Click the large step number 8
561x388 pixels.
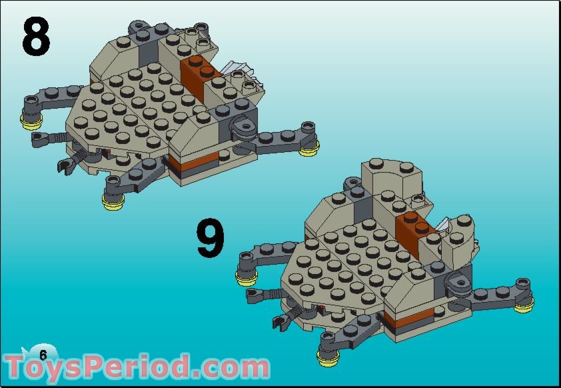[36, 36]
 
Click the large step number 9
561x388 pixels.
[211, 237]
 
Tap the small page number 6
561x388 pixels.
[43, 355]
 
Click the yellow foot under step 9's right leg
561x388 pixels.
[524, 306]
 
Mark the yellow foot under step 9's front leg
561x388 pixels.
[328, 358]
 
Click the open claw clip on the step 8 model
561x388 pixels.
[66, 166]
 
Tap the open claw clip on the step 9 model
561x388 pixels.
[281, 323]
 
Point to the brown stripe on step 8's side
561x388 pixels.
[194, 161]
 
